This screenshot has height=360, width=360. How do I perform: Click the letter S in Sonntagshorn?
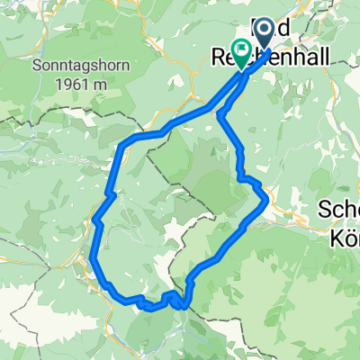point(37,67)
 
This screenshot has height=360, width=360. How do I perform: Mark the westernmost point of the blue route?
point(93,258)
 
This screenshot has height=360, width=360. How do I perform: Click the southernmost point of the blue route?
point(148,308)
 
